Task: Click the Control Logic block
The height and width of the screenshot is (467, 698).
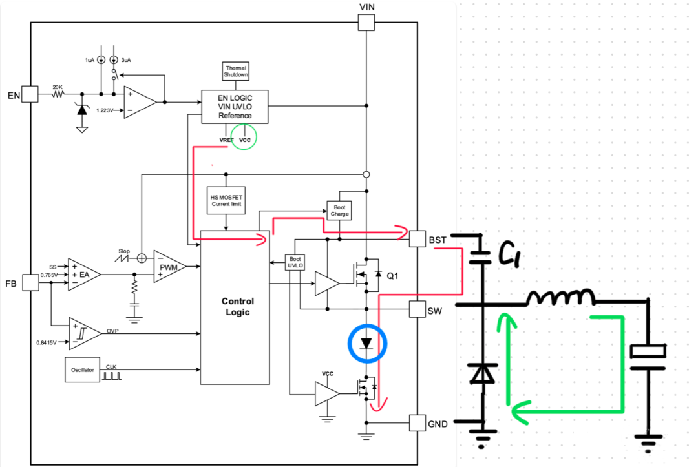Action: (238, 306)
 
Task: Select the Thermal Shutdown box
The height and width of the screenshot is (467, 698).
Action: (235, 71)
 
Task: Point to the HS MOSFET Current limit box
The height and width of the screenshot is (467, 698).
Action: (226, 200)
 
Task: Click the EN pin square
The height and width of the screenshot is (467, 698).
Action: (30, 96)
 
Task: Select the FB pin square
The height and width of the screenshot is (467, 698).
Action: (30, 283)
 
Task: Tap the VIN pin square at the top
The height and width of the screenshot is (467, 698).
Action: (366, 22)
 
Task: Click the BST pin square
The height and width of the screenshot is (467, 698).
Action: (418, 240)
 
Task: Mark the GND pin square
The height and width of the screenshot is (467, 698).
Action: (418, 422)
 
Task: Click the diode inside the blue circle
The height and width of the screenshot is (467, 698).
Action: (366, 343)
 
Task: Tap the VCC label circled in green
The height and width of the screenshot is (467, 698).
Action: (245, 140)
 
